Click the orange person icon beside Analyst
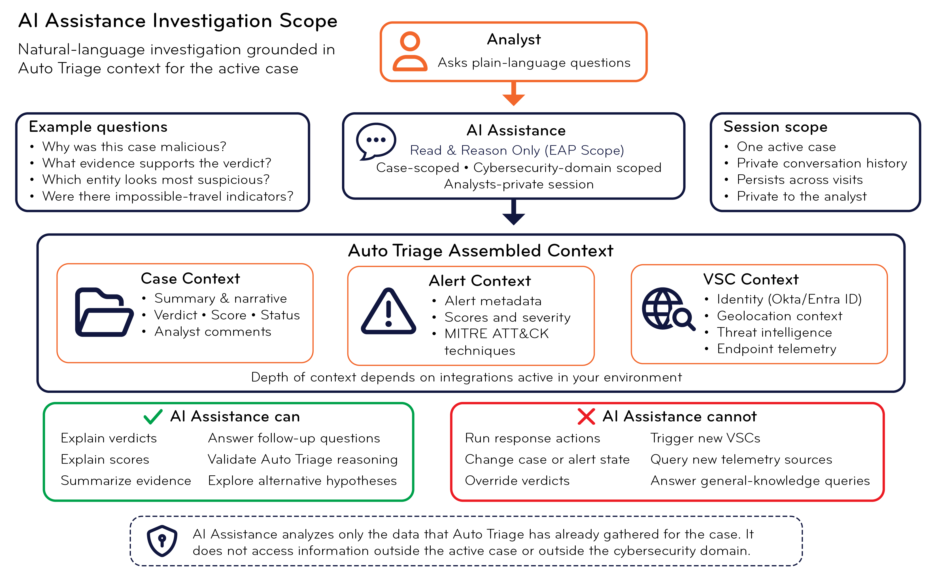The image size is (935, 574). (410, 51)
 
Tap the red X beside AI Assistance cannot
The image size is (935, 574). (586, 416)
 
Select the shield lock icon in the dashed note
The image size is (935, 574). (162, 541)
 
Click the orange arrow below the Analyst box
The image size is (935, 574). (513, 93)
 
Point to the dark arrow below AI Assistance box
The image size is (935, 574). (513, 212)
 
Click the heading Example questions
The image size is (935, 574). (98, 127)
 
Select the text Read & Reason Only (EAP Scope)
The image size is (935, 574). (517, 150)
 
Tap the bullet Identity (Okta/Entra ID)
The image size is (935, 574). (789, 299)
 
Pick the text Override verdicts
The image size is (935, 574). (517, 481)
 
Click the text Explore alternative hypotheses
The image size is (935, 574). (302, 481)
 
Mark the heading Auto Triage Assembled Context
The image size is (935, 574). (481, 251)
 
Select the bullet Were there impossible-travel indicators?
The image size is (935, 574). (168, 196)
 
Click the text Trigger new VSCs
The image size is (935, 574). (705, 439)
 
